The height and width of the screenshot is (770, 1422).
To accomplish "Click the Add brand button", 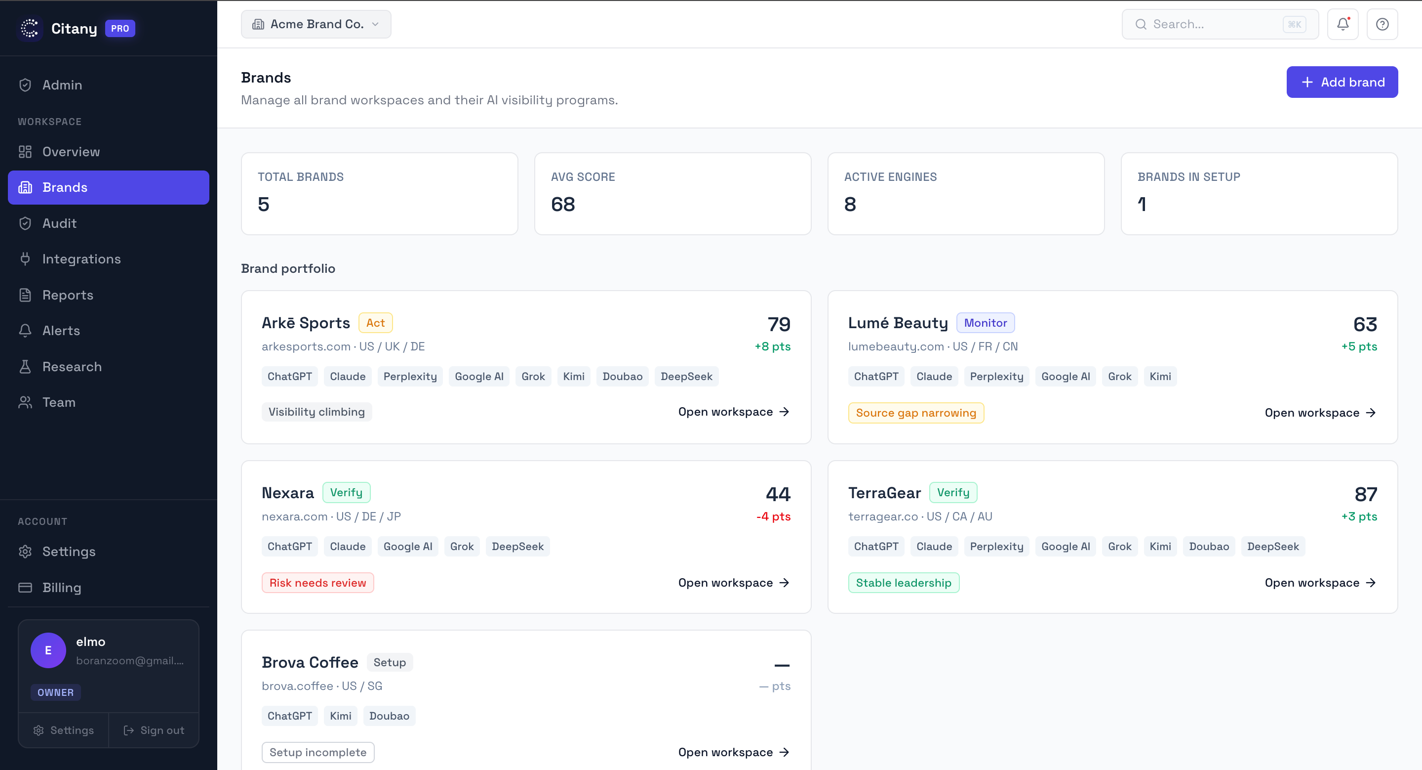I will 1342,83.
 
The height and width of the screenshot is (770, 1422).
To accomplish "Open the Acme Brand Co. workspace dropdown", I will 316,24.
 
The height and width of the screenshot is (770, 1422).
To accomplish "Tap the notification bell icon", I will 1342,24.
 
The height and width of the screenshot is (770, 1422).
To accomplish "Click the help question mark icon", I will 1382,24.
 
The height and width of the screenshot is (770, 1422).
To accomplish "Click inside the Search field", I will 1215,24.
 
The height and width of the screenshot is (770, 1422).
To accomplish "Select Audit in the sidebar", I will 60,223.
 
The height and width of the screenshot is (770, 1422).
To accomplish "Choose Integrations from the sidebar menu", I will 81,259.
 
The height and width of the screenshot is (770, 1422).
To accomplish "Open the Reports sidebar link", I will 67,295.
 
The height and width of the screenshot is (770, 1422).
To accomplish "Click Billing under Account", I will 61,587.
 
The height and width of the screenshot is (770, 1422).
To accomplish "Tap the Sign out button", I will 154,730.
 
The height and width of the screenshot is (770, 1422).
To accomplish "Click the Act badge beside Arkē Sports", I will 375,323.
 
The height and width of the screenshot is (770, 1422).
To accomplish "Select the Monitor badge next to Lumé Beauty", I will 985,323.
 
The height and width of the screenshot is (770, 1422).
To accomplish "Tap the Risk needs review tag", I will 317,583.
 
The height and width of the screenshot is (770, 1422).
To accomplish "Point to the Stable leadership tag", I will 903,583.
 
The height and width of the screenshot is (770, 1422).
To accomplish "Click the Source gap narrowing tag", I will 915,413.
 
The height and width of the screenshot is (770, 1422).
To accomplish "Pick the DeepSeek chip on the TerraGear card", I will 1272,546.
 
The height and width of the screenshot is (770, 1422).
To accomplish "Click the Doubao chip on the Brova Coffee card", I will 389,716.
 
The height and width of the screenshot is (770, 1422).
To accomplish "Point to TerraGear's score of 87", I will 1365,494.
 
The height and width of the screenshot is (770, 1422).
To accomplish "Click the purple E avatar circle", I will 48,650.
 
